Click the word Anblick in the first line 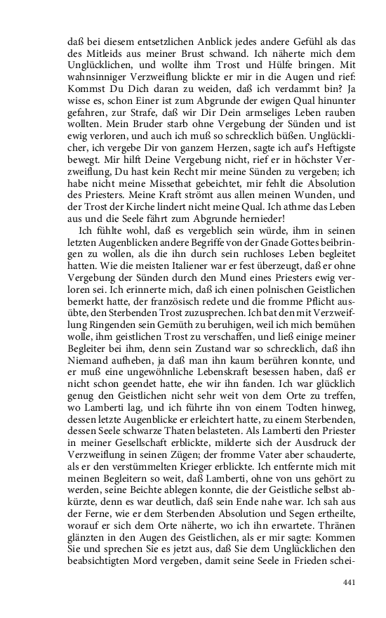182,35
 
